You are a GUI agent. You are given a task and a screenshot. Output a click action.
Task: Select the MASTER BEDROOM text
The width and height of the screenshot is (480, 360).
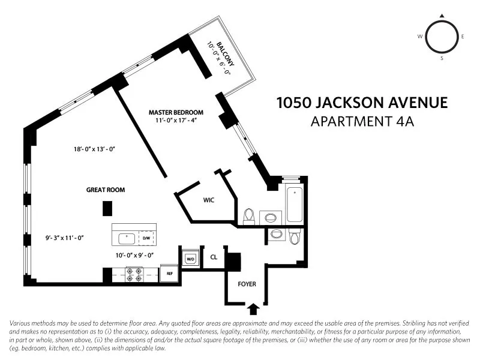pyautogui.click(x=176, y=112)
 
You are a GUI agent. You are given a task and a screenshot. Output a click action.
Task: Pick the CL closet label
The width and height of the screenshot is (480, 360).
pyautogui.click(x=214, y=258)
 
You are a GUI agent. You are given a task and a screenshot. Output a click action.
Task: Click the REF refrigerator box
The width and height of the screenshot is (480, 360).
pyautogui.click(x=170, y=273)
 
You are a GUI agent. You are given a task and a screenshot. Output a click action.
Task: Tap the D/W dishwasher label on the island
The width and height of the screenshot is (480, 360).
pyautogui.click(x=146, y=238)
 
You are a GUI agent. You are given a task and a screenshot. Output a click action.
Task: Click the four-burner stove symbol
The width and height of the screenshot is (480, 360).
pyautogui.click(x=134, y=275)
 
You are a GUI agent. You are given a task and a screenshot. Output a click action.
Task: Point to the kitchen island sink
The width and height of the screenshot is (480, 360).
pyautogui.click(x=127, y=238)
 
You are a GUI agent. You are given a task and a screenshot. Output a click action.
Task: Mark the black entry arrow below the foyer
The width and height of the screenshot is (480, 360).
pyautogui.click(x=254, y=308)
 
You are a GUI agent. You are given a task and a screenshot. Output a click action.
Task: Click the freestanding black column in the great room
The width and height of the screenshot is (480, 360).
pyautogui.click(x=107, y=208)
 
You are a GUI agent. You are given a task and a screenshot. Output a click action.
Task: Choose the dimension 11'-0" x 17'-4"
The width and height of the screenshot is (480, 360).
pyautogui.click(x=176, y=121)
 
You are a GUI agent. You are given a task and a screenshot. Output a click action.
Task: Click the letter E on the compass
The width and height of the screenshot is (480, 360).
pyautogui.click(x=463, y=37)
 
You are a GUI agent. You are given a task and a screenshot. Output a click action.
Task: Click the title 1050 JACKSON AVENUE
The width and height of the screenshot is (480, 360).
pyautogui.click(x=362, y=103)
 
